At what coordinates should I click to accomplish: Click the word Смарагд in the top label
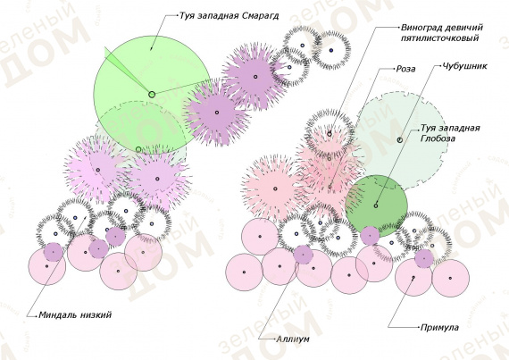[x=261, y=16]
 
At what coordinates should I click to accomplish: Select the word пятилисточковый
[x=439, y=38]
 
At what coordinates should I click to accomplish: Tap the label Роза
[x=405, y=69]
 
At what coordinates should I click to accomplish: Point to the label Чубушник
[x=465, y=66]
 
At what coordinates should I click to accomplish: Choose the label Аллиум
[x=293, y=339]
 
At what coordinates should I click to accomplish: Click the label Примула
[x=439, y=328]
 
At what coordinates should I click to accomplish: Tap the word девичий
[x=465, y=28]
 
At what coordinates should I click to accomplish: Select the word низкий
[x=96, y=314]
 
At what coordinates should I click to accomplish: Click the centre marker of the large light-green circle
[x=152, y=95]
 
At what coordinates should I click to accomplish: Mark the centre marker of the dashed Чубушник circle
[x=400, y=140]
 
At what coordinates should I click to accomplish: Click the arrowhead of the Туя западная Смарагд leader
[x=151, y=49]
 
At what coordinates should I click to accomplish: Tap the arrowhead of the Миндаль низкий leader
[x=85, y=218]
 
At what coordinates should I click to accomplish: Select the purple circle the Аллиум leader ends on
[x=304, y=255]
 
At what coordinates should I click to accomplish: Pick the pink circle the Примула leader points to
[x=413, y=278]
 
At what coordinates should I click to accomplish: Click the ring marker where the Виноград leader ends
[x=330, y=134]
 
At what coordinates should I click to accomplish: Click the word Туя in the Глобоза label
[x=427, y=129]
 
